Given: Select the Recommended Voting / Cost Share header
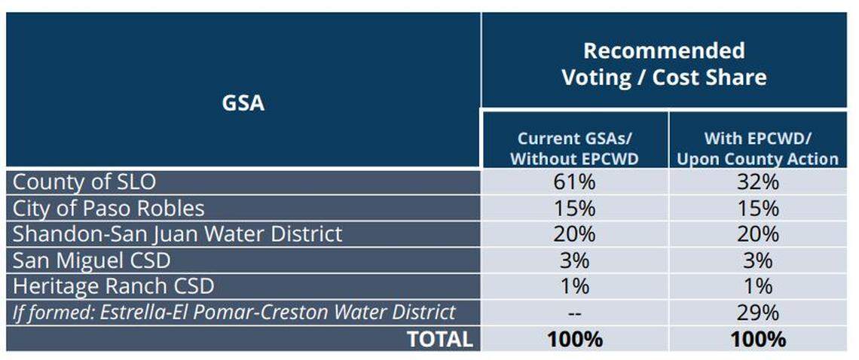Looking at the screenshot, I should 664,64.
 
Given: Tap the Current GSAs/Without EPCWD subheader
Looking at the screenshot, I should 574,148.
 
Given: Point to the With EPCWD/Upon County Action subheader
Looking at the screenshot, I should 757,148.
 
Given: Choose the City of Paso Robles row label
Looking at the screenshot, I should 109,208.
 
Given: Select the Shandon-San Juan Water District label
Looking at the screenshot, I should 178,233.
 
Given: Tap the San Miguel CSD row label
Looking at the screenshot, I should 92,261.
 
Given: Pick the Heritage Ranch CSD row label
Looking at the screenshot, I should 114,286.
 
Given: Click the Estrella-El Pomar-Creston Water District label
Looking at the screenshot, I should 234,312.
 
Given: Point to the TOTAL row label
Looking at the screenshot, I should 439,339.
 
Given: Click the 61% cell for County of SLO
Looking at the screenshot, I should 573,182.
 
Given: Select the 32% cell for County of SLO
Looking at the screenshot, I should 757,182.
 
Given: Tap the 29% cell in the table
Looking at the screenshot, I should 757,312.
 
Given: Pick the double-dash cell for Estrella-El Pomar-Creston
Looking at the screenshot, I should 573,312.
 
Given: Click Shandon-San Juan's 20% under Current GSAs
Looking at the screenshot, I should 573,233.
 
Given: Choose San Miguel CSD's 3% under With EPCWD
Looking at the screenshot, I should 757,261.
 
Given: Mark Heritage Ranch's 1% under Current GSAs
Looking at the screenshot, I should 573,286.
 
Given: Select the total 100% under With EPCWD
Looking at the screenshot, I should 757,339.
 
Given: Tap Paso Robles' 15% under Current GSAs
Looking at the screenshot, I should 573,208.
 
